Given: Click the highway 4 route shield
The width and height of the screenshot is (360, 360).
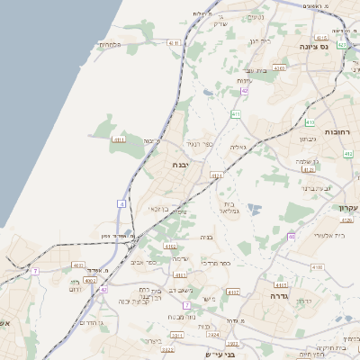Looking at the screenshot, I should coord(121,204).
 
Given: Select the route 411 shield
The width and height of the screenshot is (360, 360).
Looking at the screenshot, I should coord(235,114).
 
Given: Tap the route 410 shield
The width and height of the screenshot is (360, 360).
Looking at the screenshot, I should coord(309,122).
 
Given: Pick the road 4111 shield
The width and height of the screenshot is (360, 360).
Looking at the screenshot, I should coord(119,139).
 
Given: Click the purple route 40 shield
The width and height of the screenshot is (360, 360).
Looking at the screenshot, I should coord(292,237).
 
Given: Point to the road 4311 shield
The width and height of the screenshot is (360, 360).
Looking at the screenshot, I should coord(176,334).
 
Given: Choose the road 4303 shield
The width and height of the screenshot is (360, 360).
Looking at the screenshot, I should coord(280,67).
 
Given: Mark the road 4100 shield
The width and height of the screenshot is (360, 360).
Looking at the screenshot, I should coord(315,267).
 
